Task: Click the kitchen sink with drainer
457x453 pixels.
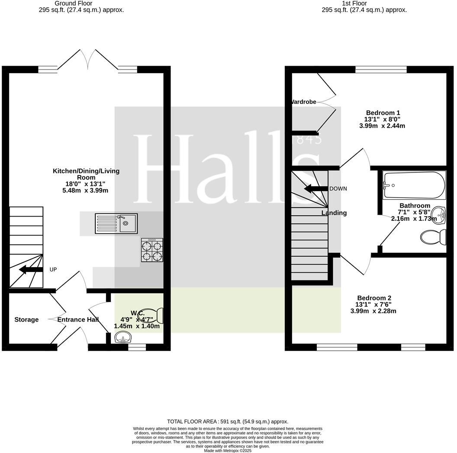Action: click(x=116, y=223)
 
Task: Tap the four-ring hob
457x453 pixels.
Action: click(x=152, y=250)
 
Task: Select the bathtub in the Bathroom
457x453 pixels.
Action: click(x=414, y=185)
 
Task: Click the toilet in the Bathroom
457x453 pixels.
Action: click(x=433, y=237)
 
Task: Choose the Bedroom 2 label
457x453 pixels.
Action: click(x=374, y=298)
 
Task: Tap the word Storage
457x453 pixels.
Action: click(x=26, y=320)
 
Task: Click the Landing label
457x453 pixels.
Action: click(x=334, y=213)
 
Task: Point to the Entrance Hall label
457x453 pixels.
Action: click(x=78, y=320)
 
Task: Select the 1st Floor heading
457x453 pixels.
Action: click(x=364, y=3)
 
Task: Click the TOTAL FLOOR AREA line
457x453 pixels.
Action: click(x=228, y=421)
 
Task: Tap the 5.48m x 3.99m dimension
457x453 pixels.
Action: click(x=85, y=190)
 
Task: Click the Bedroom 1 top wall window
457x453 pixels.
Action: click(x=381, y=69)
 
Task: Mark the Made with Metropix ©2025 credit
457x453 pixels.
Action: click(x=228, y=450)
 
